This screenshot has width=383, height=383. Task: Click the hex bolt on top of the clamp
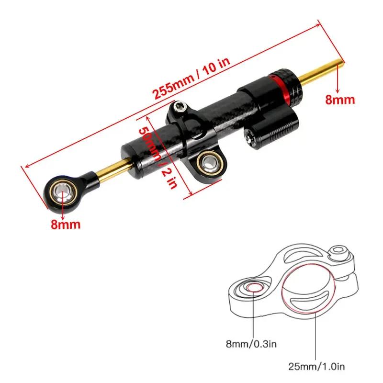tap(180, 108)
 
